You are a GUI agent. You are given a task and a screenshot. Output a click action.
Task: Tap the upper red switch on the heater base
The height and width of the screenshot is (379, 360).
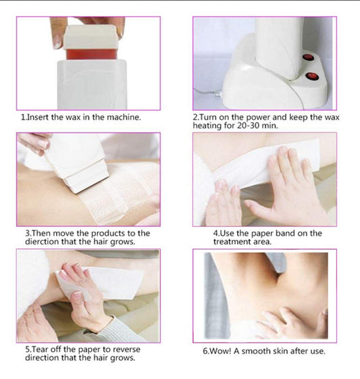(x=307, y=58)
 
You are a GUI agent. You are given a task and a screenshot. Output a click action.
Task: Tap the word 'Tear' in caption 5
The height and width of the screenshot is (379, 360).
(x=41, y=349)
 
